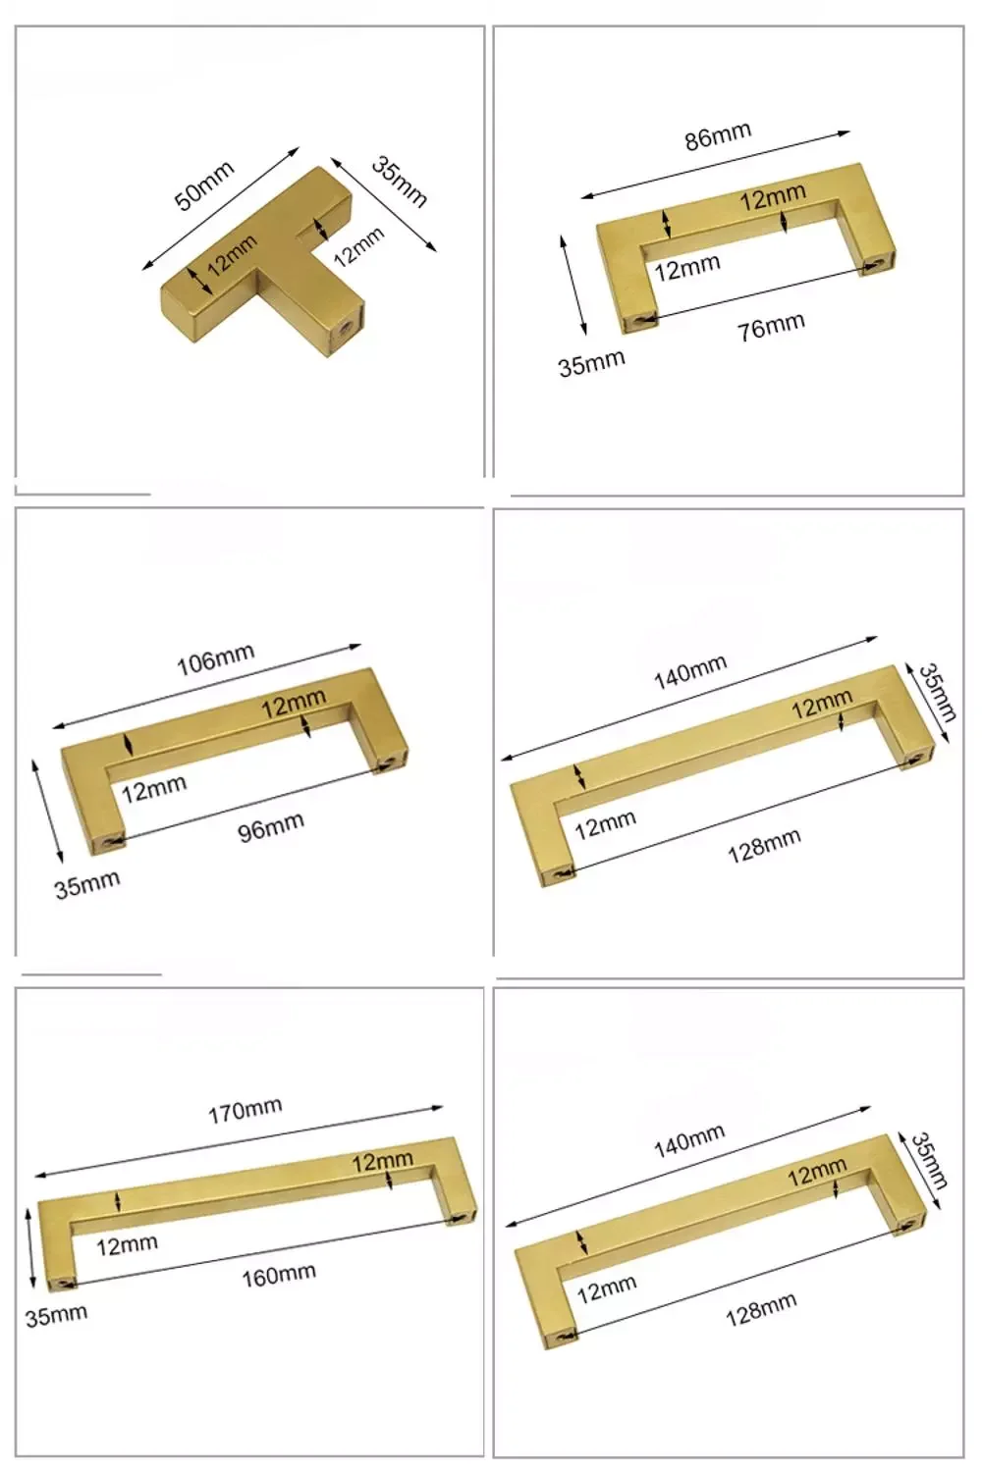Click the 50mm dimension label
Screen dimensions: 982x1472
[204, 185]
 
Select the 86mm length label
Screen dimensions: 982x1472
[718, 135]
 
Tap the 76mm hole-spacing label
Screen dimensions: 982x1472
[771, 327]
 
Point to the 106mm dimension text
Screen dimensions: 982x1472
[216, 659]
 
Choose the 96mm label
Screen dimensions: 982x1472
[271, 826]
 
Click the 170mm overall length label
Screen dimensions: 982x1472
[245, 1111]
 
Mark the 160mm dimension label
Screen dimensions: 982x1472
[279, 1276]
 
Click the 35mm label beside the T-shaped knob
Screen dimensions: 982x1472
[400, 181]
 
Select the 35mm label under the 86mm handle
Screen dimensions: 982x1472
[591, 364]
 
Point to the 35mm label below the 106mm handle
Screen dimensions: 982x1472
[86, 885]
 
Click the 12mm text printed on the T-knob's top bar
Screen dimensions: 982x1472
[232, 255]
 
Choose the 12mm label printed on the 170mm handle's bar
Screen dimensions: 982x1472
[383, 1161]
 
